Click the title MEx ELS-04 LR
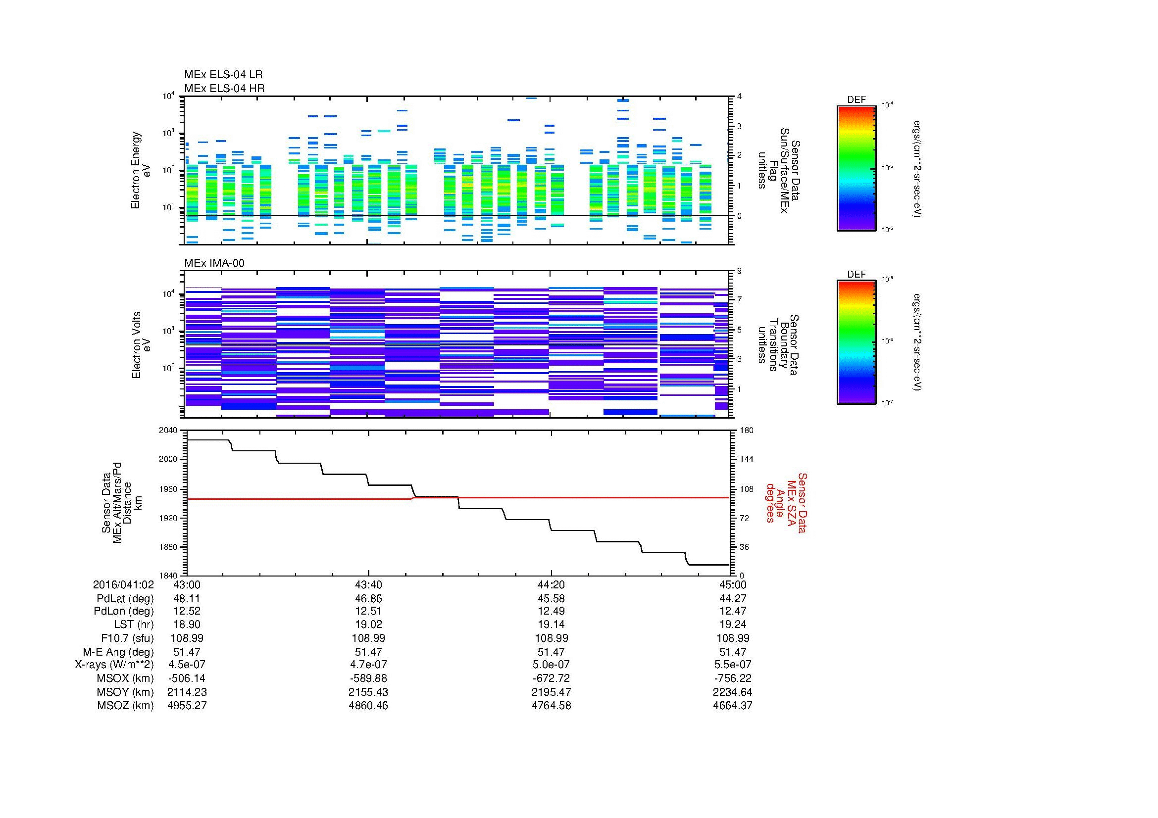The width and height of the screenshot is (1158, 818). pos(223,75)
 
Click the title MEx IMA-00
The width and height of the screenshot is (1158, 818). pos(214,263)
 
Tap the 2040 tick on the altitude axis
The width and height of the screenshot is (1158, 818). pos(169,430)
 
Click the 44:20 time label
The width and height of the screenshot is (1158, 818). pos(551,584)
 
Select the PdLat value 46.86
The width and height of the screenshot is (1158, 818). pos(369,598)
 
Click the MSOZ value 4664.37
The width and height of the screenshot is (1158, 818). pos(732,706)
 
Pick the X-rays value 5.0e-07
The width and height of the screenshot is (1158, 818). pos(551,665)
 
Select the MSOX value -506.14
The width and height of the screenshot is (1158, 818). pos(187,678)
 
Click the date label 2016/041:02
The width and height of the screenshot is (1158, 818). pos(123,584)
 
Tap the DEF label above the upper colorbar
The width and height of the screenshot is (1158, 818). pos(856,100)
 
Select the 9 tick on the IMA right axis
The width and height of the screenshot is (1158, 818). pos(739,271)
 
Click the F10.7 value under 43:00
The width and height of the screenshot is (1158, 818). pos(187,638)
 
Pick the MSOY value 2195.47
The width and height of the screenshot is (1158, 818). pos(551,692)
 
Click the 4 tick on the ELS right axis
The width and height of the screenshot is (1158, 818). pos(739,96)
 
